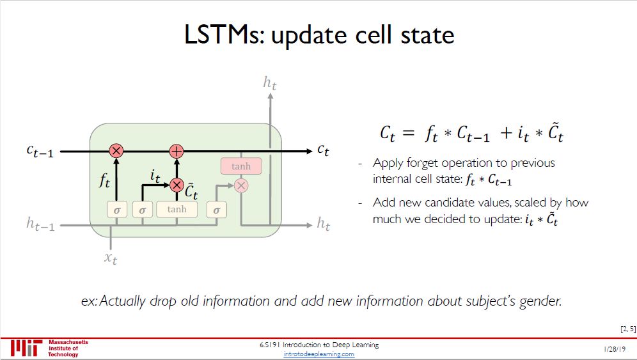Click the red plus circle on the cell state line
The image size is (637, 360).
tap(177, 151)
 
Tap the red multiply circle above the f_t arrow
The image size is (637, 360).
tap(116, 151)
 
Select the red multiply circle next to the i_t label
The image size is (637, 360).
tap(177, 185)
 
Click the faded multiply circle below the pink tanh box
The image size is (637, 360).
tap(240, 185)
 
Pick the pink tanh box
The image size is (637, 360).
tap(240, 166)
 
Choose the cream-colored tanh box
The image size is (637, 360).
tap(177, 209)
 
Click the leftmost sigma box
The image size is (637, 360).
tap(116, 209)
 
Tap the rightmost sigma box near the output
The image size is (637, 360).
tap(216, 209)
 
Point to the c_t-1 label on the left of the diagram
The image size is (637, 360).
tap(40, 151)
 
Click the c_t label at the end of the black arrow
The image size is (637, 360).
tap(324, 151)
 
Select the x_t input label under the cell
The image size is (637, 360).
tap(111, 258)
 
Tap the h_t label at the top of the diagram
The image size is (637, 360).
tap(270, 82)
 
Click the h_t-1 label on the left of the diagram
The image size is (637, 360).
tap(40, 224)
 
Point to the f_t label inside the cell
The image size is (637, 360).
tap(104, 182)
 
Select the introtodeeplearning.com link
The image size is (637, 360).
tap(318, 354)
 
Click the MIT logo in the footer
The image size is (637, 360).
tap(26, 348)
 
